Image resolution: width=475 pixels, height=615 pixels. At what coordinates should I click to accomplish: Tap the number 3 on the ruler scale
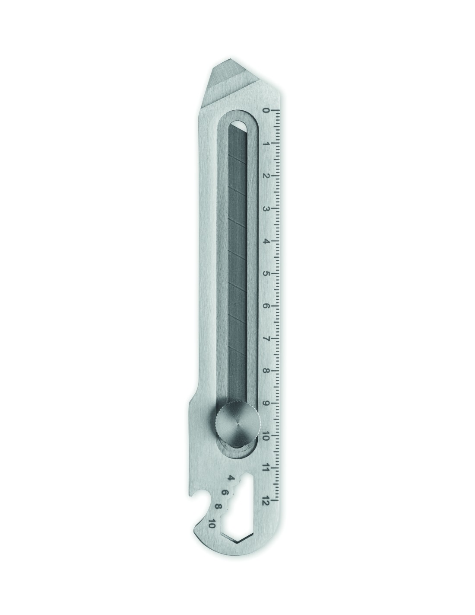[x=266, y=209]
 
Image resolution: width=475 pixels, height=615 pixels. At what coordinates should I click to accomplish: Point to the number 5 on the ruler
[x=266, y=274]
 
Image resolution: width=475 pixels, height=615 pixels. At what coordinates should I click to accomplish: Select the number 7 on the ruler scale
[x=266, y=339]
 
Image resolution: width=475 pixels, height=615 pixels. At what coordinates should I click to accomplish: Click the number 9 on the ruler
[x=266, y=403]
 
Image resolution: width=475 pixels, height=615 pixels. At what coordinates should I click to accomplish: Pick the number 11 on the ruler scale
[x=266, y=467]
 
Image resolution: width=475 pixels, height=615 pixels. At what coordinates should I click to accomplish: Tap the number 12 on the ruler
[x=266, y=500]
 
